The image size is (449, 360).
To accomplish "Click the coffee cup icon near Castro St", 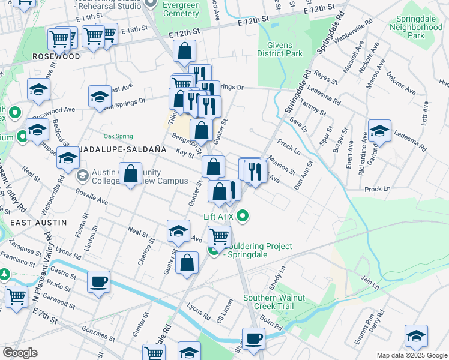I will (98, 281).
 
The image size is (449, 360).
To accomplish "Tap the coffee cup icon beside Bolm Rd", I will (253, 338).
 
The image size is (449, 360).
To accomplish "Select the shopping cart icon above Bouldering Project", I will (219, 236).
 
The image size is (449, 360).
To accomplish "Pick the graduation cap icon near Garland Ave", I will (379, 130).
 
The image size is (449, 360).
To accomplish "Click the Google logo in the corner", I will (20, 353).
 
